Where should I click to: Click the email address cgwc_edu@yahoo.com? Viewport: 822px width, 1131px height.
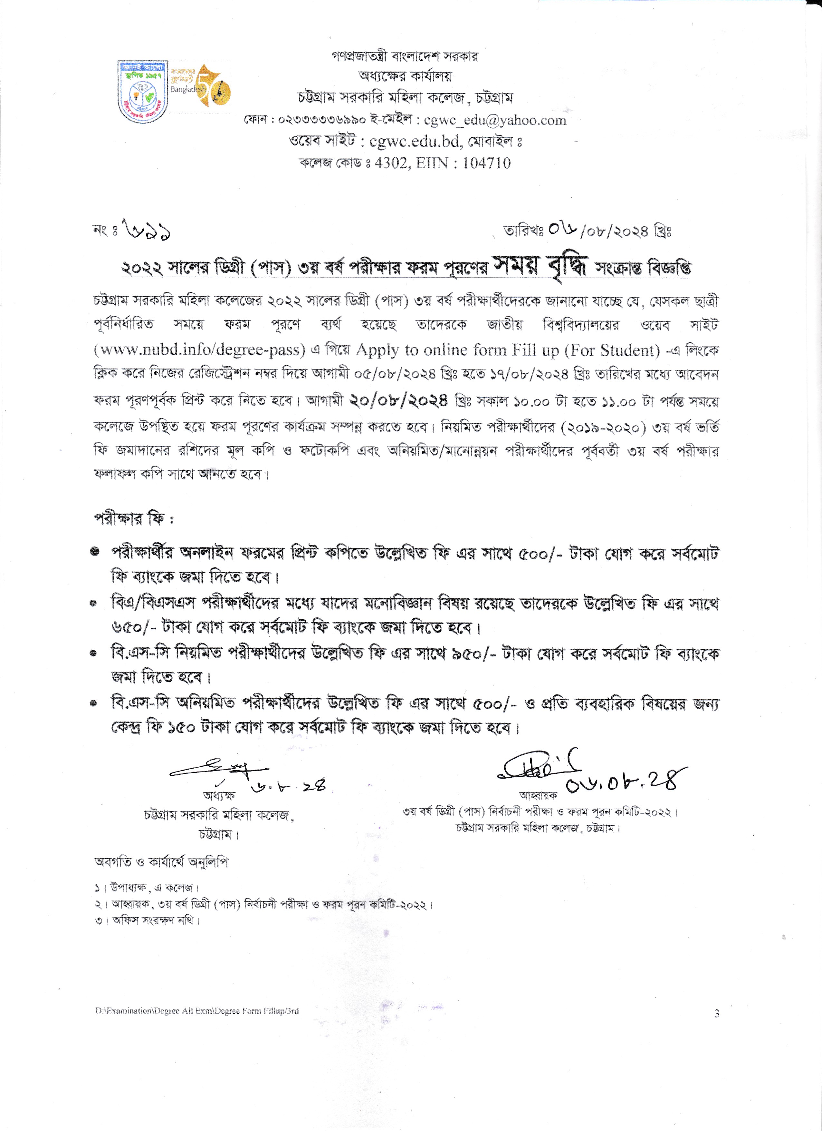(495, 120)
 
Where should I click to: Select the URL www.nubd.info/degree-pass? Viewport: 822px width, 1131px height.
(199, 350)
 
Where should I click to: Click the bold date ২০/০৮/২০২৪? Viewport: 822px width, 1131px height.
(398, 400)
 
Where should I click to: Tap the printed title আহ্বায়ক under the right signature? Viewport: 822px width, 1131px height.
(538, 795)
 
